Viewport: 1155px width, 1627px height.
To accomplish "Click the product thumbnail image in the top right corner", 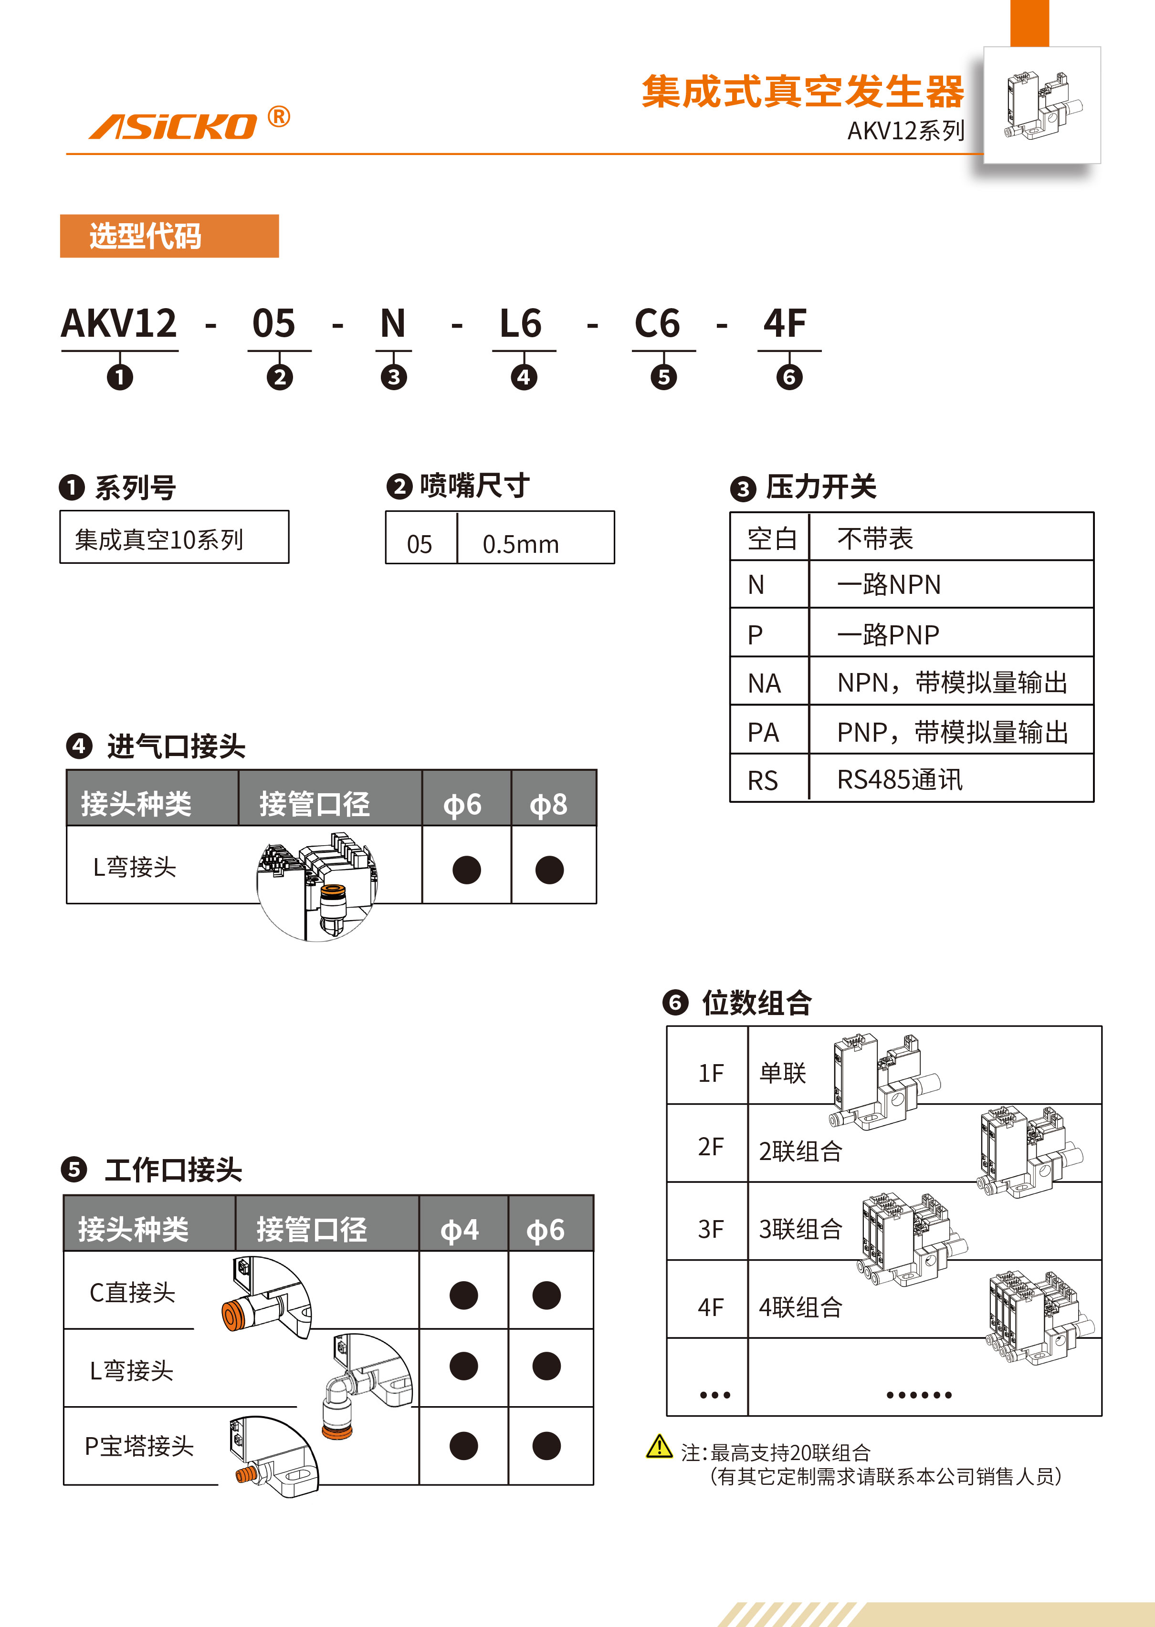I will [1041, 105].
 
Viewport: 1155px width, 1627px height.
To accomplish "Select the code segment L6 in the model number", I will [521, 324].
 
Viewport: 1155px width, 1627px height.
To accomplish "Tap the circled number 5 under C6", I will [663, 377].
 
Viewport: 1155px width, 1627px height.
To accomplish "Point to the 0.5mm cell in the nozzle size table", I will [521, 544].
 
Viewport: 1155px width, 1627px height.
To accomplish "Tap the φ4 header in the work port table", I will [460, 1230].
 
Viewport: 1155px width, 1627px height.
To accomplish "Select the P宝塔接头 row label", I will [139, 1446].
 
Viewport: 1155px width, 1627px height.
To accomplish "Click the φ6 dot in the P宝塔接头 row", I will [546, 1446].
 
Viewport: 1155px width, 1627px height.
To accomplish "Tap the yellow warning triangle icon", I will [659, 1446].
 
